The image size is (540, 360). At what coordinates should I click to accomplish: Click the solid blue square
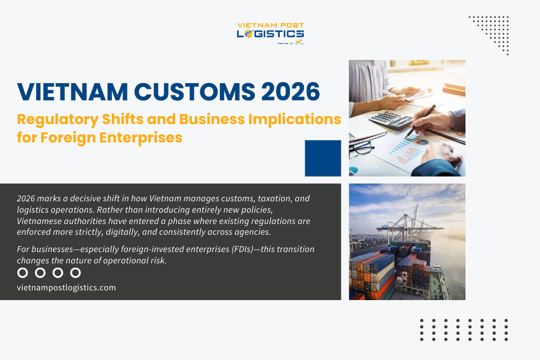click(323, 158)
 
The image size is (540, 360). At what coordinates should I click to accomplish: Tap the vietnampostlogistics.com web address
click(66, 288)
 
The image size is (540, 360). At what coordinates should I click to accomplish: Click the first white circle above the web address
click(23, 273)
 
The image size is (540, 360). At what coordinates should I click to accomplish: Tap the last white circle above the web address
click(76, 273)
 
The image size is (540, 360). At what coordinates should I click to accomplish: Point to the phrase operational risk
click(137, 261)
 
